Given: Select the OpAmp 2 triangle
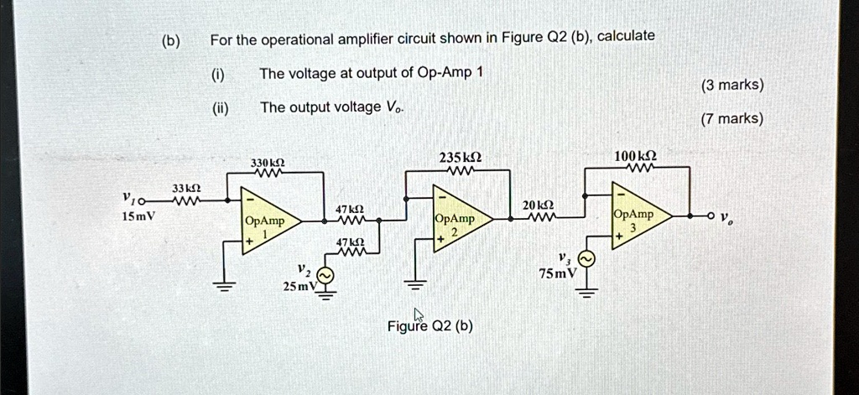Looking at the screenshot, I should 458,220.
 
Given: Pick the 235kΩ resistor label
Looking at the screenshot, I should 459,157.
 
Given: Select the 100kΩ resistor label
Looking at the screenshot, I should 634,156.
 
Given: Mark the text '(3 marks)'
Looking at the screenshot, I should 731,85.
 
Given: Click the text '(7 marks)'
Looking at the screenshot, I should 731,119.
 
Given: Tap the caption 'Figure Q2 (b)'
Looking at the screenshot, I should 429,326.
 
